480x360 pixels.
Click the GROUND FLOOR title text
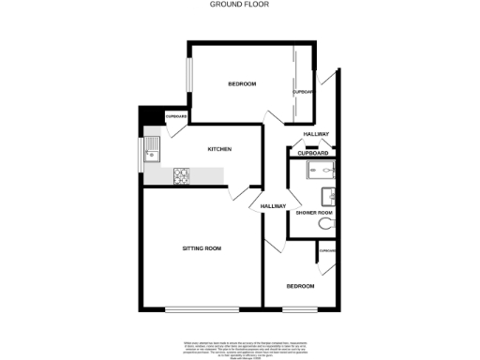(240, 4)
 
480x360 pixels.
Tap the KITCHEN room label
(219, 150)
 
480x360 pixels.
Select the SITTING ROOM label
(202, 247)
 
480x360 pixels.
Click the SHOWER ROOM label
(314, 214)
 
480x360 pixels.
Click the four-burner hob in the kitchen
(181, 175)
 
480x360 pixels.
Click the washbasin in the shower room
(328, 195)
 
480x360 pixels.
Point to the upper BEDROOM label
(242, 84)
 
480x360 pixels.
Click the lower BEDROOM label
(300, 285)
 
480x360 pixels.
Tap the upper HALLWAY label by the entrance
(316, 135)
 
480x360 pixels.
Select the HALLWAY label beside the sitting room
(273, 206)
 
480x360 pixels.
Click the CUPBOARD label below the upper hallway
(313, 152)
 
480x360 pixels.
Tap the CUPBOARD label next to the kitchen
(176, 117)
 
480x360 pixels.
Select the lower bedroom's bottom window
(299, 309)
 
